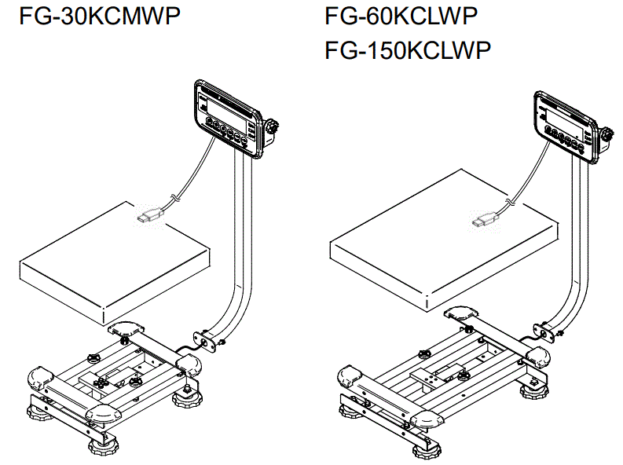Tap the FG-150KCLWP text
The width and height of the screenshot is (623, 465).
(408, 50)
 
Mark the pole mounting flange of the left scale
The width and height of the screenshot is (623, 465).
(208, 339)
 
